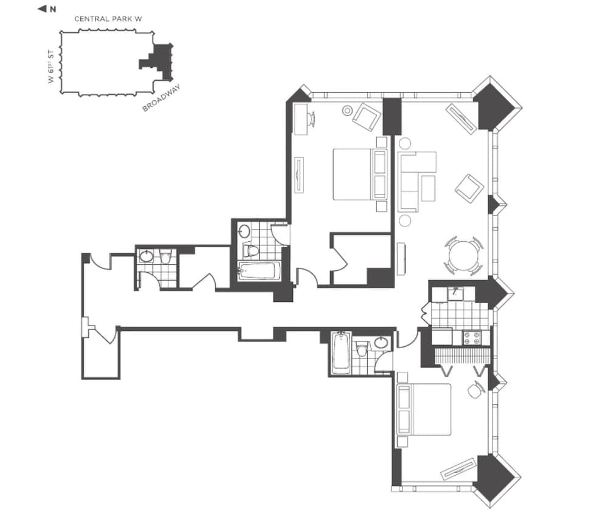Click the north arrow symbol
point(42,9)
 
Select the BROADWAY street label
point(162,100)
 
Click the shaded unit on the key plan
point(159,61)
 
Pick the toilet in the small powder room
point(165,258)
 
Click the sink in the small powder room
point(147,256)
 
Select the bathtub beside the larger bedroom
point(259,272)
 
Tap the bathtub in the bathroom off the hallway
point(341,353)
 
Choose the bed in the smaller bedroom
point(423,409)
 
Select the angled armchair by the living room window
point(469,188)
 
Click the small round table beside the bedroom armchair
point(348,111)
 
